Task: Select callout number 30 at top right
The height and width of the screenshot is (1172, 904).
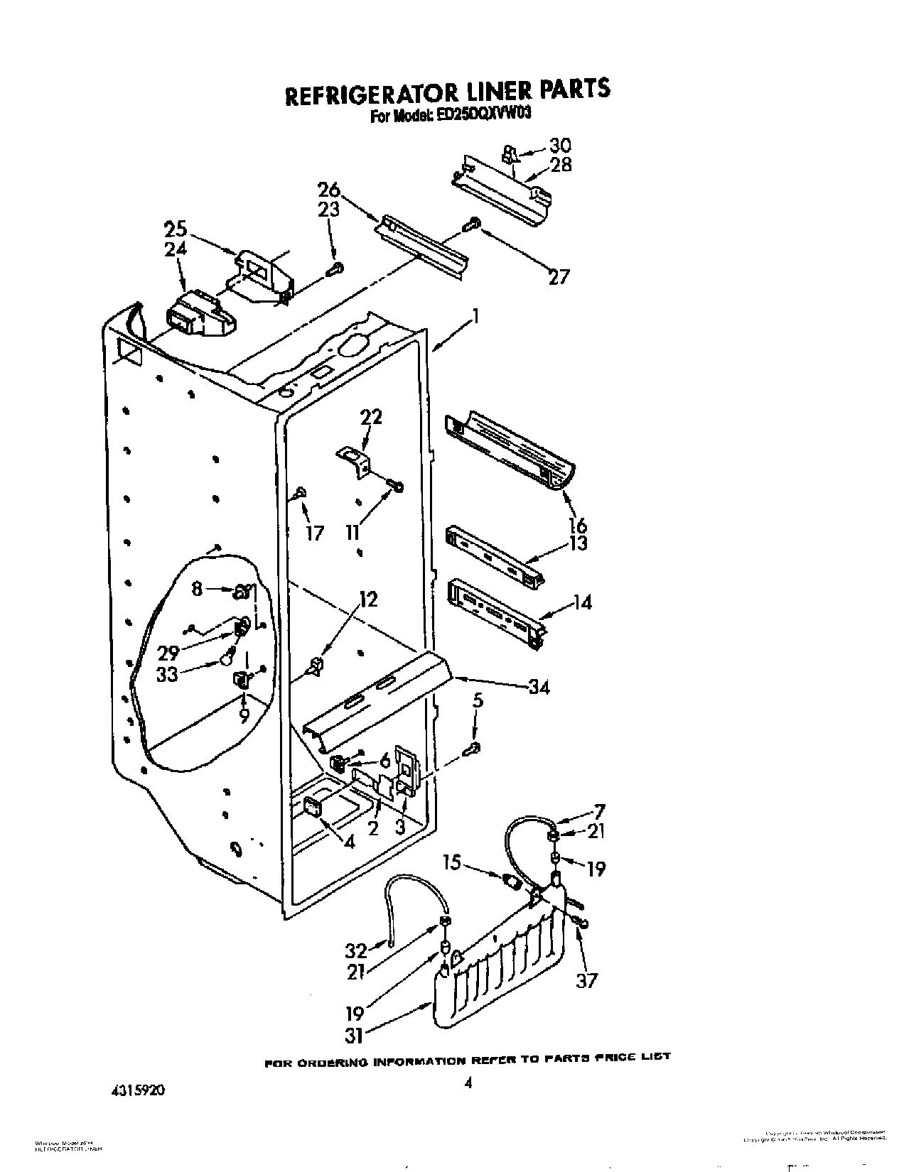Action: click(x=559, y=145)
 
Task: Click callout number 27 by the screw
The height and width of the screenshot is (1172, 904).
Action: click(x=559, y=276)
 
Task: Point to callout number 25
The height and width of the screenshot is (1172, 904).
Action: click(x=176, y=229)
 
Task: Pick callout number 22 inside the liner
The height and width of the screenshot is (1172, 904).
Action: click(x=371, y=416)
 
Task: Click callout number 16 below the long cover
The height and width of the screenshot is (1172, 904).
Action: click(x=579, y=525)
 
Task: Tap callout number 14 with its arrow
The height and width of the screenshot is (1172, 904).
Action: click(x=581, y=602)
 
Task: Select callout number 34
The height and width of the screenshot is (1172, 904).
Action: click(x=538, y=687)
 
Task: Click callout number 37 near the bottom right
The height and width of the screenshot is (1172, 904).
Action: click(x=587, y=980)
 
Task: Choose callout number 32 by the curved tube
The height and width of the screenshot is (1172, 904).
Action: click(x=356, y=950)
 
